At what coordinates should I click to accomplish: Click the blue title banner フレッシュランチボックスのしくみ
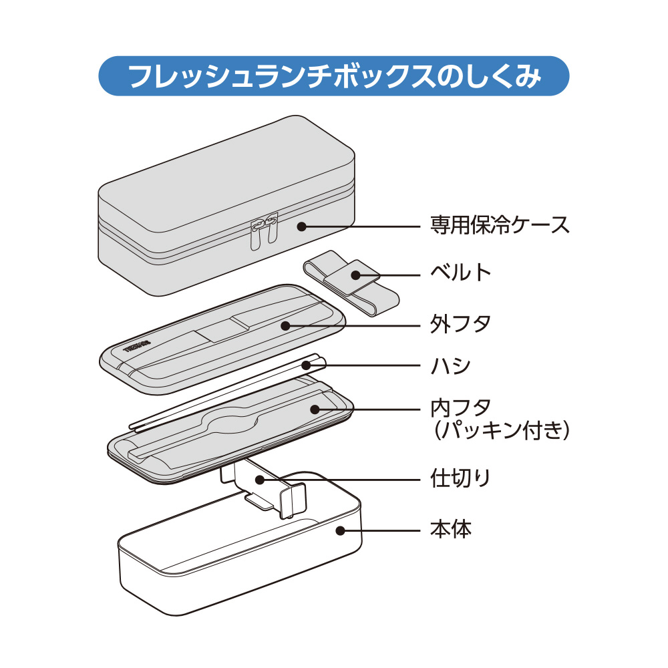click(333, 77)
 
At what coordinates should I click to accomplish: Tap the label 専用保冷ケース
click(499, 225)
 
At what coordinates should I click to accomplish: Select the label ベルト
click(461, 273)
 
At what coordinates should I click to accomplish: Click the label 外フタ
click(461, 325)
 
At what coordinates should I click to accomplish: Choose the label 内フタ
click(461, 407)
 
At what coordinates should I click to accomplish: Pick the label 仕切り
click(461, 478)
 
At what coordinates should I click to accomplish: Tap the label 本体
click(451, 530)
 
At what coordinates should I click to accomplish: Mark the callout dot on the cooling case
click(301, 226)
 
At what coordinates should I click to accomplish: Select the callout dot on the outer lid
click(285, 325)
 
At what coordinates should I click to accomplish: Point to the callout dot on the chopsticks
click(306, 365)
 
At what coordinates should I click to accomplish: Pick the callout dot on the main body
click(340, 531)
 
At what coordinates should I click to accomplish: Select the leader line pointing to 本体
click(381, 531)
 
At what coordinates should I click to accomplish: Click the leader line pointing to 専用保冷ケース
click(361, 226)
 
